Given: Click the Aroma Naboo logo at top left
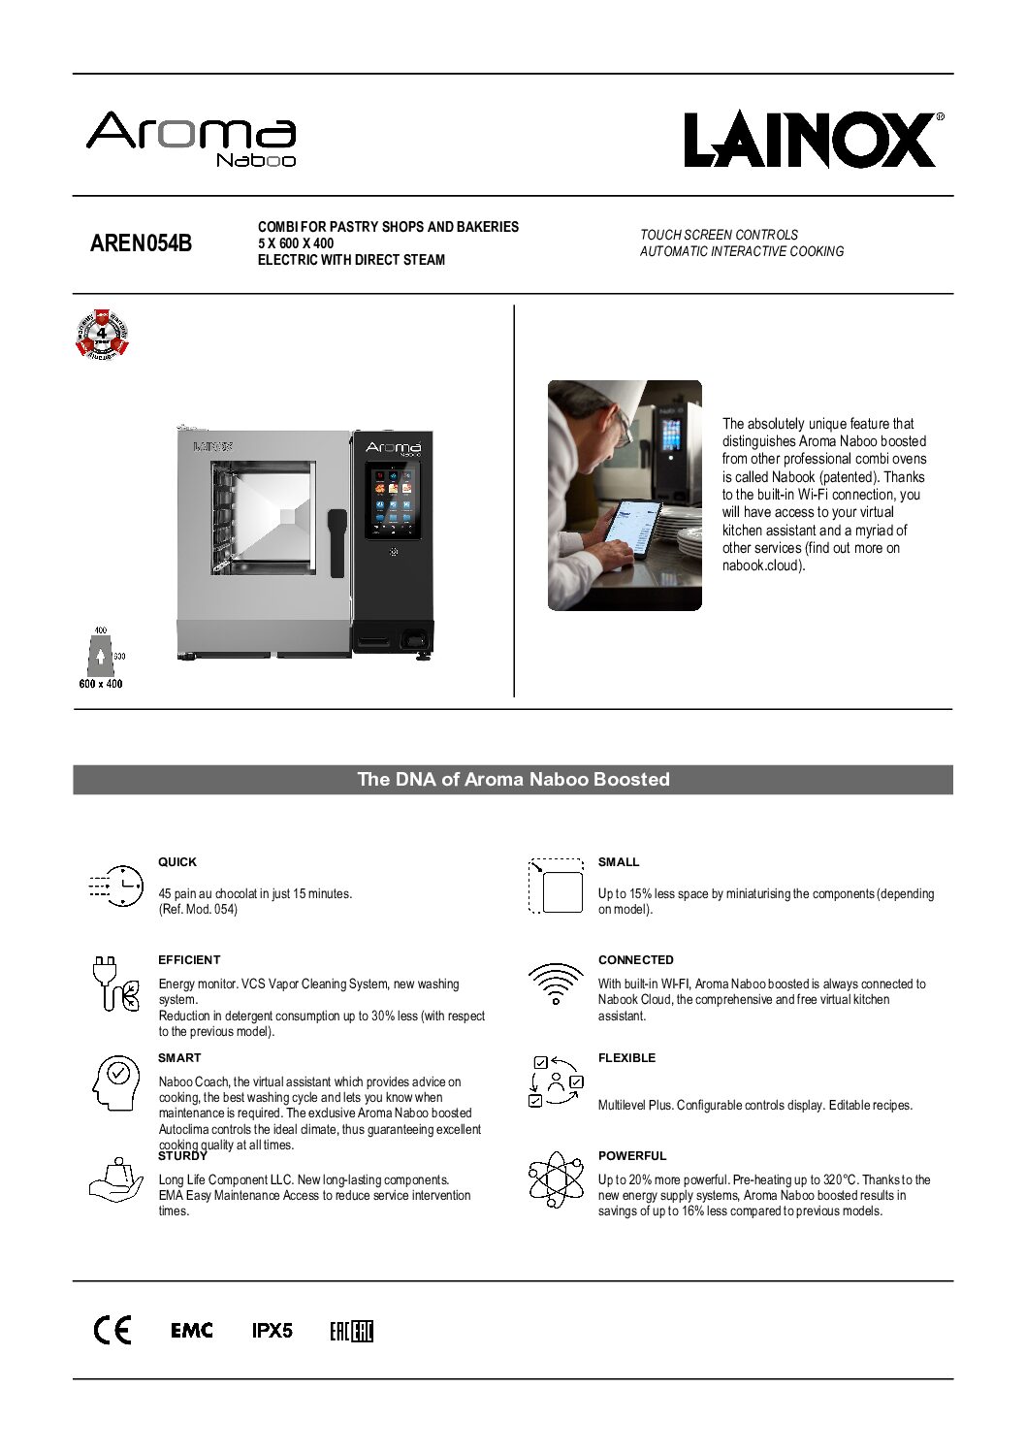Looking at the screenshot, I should pos(191,139).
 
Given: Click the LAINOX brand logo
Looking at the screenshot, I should pos(813,140).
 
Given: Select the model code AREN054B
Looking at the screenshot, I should pos(141,243).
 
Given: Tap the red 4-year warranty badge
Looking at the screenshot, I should pos(102,334).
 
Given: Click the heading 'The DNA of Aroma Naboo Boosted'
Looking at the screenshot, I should pos(513,780).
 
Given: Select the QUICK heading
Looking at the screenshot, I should pos(177,862).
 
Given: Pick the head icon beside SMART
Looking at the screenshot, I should pos(115,1081).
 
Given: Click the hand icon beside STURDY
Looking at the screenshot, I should pos(115,1179).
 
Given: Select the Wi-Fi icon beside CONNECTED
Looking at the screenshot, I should pos(556,984).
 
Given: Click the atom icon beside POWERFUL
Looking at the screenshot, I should pos(556,1179).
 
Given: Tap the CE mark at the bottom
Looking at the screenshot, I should pos(112,1331).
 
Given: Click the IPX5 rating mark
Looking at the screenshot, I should pos(273,1331).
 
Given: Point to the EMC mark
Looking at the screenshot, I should pos(192,1331).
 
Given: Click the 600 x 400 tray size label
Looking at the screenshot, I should pos(101,684).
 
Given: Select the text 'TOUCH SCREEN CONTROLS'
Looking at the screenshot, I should pos(719,235).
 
